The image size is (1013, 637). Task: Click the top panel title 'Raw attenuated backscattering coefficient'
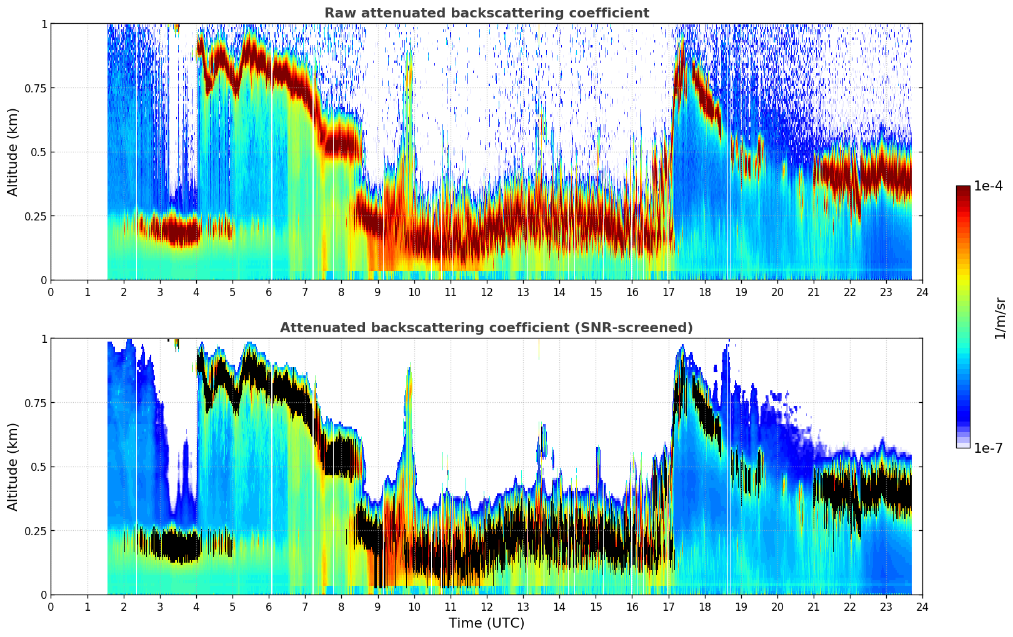tap(486, 13)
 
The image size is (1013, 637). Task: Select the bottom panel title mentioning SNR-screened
tap(486, 328)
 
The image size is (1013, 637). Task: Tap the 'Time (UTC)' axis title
tap(486, 623)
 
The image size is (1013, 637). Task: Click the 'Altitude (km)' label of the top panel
tap(13, 152)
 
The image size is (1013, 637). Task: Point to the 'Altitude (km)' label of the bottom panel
tap(13, 467)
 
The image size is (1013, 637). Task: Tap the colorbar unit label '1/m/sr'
tap(1000, 318)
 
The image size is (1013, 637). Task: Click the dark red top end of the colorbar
tap(962, 189)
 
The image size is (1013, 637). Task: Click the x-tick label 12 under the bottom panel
tap(486, 607)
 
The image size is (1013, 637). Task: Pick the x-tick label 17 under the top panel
tap(668, 292)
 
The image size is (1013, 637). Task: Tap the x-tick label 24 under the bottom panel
tap(922, 607)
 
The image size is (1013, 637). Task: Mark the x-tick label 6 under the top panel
tap(269, 292)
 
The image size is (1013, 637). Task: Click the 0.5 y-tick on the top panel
tap(39, 152)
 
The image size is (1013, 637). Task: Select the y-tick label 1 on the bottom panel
tap(44, 338)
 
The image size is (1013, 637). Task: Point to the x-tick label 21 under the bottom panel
tap(813, 607)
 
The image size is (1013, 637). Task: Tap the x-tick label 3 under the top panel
tap(160, 292)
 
